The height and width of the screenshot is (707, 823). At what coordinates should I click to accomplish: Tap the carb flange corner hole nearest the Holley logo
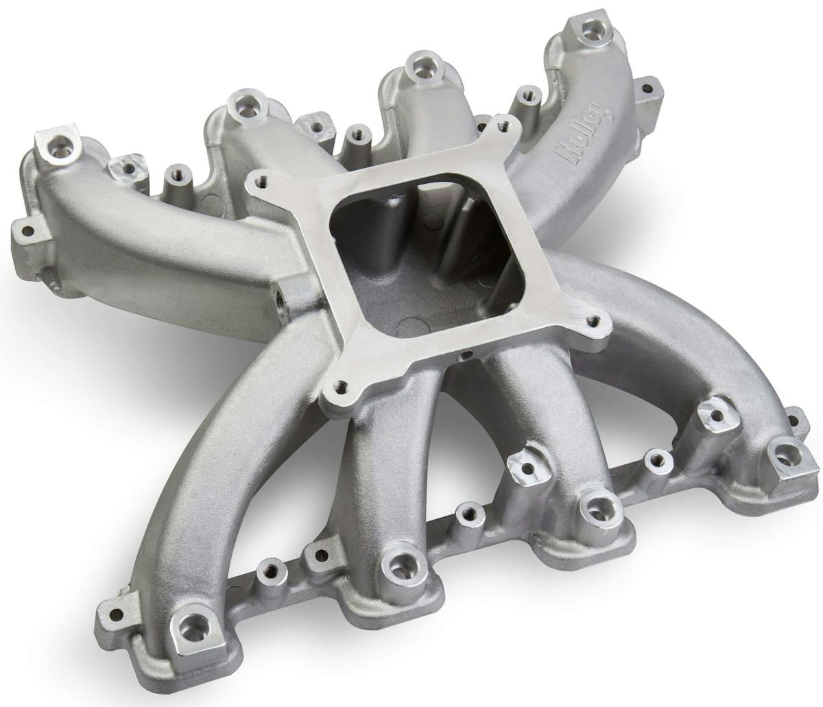click(x=505, y=124)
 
